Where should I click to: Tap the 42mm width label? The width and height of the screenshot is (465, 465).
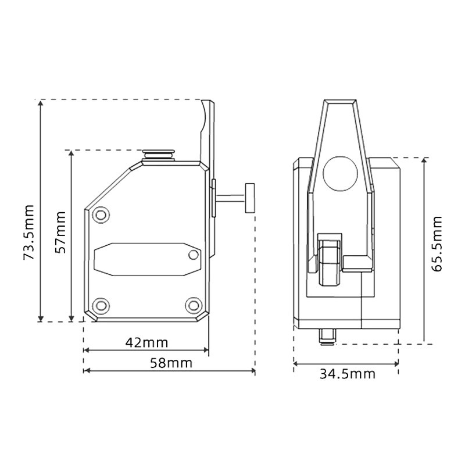coord(146,342)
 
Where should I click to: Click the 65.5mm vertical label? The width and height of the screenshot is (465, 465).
coord(437,244)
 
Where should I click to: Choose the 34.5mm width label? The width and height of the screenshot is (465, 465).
coord(347,374)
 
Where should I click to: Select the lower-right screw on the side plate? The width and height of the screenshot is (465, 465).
coord(192,305)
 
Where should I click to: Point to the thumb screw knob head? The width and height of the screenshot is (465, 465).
coord(251,198)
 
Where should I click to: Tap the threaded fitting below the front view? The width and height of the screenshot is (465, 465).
coord(328,335)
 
